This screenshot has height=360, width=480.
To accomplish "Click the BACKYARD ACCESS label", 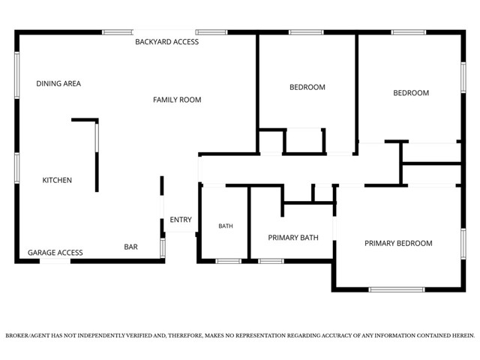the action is click(166, 42).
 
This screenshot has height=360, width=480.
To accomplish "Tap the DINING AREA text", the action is click(58, 83).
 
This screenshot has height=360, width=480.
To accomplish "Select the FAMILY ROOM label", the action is click(177, 100).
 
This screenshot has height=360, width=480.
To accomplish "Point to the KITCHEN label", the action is click(57, 180).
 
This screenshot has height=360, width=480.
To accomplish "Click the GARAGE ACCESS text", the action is click(55, 253).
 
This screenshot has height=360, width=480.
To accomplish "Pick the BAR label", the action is click(130, 247).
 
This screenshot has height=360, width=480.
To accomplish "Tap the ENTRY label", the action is click(181, 220).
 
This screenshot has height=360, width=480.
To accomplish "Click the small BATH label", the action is click(226, 226).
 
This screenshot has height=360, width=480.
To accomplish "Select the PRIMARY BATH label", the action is click(293, 238).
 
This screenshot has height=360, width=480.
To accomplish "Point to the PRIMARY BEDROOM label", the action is click(398, 243).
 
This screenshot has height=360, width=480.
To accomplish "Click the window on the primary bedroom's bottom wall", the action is click(397, 289).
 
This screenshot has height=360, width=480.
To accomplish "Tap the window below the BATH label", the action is click(228, 261).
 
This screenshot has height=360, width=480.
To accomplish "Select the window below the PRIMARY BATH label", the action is click(271, 261).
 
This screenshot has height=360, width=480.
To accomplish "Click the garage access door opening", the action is click(55, 261).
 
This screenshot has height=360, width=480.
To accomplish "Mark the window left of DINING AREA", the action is click(16, 75).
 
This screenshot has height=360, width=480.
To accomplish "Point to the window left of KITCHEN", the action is click(16, 168).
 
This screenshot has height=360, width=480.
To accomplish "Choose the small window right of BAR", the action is click(163, 247).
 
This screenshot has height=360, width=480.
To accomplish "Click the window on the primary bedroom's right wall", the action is click(463, 244).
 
